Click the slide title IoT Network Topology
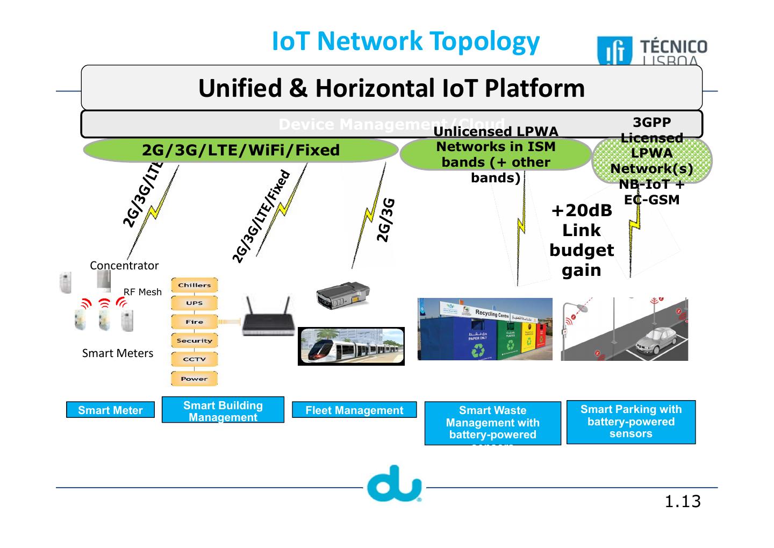pos(406,41)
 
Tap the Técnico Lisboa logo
pos(653,52)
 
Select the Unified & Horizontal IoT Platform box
pos(391,88)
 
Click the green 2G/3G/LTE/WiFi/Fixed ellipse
pos(240,150)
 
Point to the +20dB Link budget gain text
pos(582,240)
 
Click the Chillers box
pos(194,286)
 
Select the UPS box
pos(194,303)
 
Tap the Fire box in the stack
pos(194,322)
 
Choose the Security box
pos(194,341)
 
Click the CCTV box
pos(194,360)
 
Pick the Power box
pos(194,379)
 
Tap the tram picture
pos(351,346)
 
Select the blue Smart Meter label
pos(110,410)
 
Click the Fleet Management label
pos(354,410)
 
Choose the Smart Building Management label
pos(223,411)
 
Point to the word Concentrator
pos(124,266)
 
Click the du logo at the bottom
pos(395,483)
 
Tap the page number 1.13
pos(683,502)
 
